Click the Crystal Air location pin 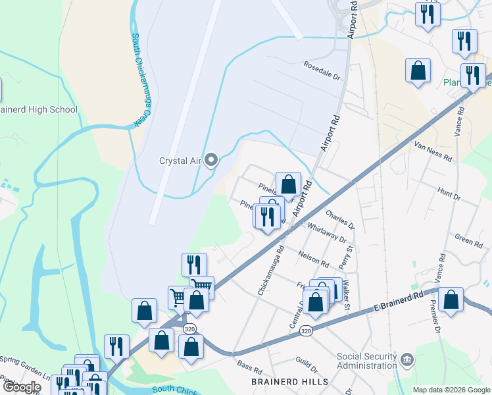point(211,160)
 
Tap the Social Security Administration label point(367,361)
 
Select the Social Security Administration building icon point(407,359)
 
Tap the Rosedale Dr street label point(324,71)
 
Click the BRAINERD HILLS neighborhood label point(289,382)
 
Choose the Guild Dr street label point(307,362)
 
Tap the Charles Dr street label point(339,219)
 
